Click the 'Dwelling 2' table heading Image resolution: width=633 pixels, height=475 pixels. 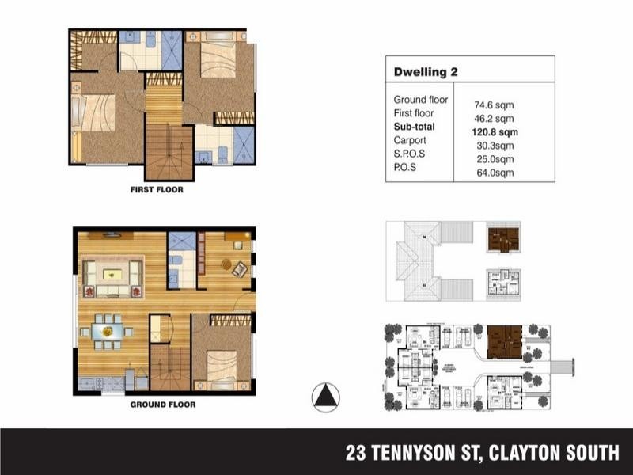point(426,72)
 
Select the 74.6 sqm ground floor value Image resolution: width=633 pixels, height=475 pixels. point(492,104)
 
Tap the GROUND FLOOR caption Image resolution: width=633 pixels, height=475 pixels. point(161,404)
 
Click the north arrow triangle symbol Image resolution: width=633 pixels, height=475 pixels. point(325,397)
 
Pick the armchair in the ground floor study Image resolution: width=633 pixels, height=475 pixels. point(239,268)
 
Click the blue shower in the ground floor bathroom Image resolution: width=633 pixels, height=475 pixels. point(181,241)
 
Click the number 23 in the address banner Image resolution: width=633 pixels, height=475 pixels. point(356,453)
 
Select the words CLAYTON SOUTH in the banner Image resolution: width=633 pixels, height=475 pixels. point(554,453)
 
